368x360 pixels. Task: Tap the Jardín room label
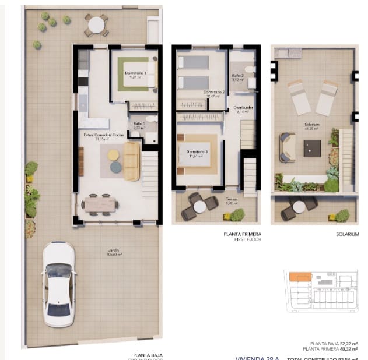[x=114, y=253]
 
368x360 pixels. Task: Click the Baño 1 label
[x=138, y=125]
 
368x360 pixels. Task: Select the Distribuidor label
[x=243, y=109]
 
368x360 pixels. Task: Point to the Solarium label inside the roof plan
[x=311, y=126]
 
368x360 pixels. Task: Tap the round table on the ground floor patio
[x=96, y=25]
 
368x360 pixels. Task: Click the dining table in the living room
[x=100, y=204]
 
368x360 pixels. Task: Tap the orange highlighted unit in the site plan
[x=301, y=278]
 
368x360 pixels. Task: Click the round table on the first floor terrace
[x=199, y=206]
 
